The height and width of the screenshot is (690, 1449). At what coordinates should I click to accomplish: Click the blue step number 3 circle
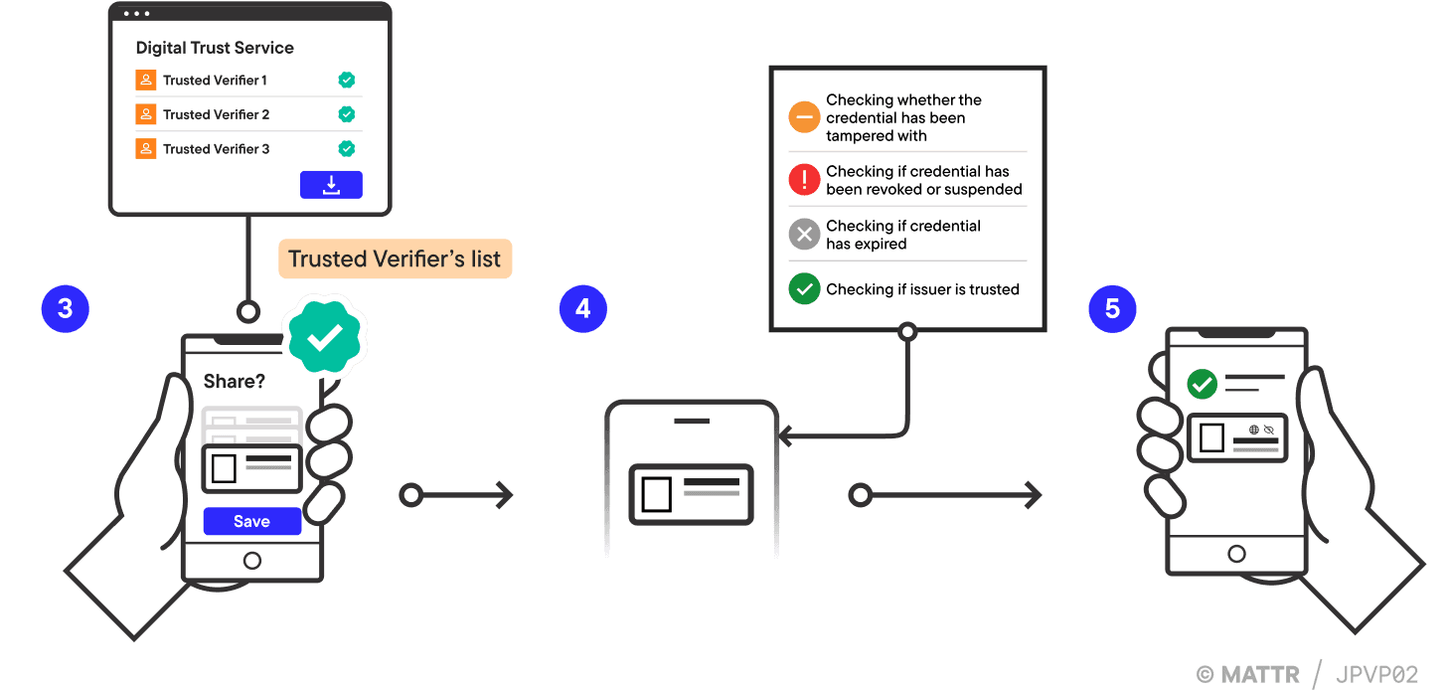tap(65, 308)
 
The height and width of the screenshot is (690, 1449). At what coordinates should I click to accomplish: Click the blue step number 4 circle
tap(582, 308)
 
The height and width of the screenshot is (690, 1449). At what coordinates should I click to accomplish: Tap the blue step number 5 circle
tap(1112, 308)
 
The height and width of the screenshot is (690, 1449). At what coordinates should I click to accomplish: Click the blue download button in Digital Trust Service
tap(331, 185)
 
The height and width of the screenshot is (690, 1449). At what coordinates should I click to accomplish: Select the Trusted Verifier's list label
tap(396, 259)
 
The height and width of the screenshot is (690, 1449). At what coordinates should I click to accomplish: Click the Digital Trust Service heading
tap(215, 48)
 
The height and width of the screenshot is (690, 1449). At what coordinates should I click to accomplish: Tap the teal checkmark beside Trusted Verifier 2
tap(346, 114)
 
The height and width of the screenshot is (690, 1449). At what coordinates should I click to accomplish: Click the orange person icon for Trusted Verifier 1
tap(146, 81)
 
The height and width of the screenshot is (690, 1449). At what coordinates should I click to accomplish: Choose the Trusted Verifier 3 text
tap(216, 149)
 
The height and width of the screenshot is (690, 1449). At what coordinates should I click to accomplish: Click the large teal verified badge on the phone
tap(324, 339)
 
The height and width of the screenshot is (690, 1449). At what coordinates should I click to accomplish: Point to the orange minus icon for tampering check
tap(803, 117)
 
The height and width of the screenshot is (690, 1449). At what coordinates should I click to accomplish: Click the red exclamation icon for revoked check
tap(803, 180)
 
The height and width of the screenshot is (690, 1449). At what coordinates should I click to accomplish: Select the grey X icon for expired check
tap(803, 235)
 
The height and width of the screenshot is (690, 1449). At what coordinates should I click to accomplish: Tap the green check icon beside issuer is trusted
tap(803, 289)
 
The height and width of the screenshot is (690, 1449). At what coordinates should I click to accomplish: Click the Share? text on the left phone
tap(235, 381)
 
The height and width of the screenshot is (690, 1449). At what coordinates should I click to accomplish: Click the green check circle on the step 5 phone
tap(1203, 383)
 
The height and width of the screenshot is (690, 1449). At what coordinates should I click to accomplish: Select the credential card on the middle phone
tap(691, 494)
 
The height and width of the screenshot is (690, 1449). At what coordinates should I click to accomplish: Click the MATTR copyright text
tap(1248, 673)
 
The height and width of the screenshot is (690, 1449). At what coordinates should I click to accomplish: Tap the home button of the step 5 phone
tap(1236, 554)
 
